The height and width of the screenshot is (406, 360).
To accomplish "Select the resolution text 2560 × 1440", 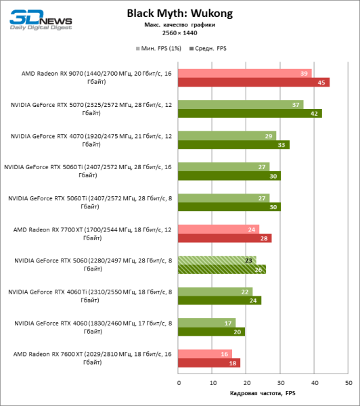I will point(179,32).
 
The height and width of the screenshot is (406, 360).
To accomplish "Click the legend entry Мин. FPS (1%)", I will point(162,49).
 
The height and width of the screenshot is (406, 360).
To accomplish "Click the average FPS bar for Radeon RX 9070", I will point(254,83).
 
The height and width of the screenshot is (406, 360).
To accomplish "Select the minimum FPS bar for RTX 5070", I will point(241,105).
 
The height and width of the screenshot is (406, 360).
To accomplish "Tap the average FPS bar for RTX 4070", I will point(234,144).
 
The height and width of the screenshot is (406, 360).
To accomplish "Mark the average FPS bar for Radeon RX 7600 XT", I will point(209,363).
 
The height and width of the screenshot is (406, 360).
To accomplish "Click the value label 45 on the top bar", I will point(323,83).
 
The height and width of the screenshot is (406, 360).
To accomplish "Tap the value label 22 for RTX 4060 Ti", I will point(246,291).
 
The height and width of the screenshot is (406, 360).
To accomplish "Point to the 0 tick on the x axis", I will point(179,383).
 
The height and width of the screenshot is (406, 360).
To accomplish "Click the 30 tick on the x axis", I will point(280,383).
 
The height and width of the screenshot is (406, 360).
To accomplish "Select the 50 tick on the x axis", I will point(348,383).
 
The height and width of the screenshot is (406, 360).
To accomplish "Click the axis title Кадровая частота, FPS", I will point(263,393).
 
